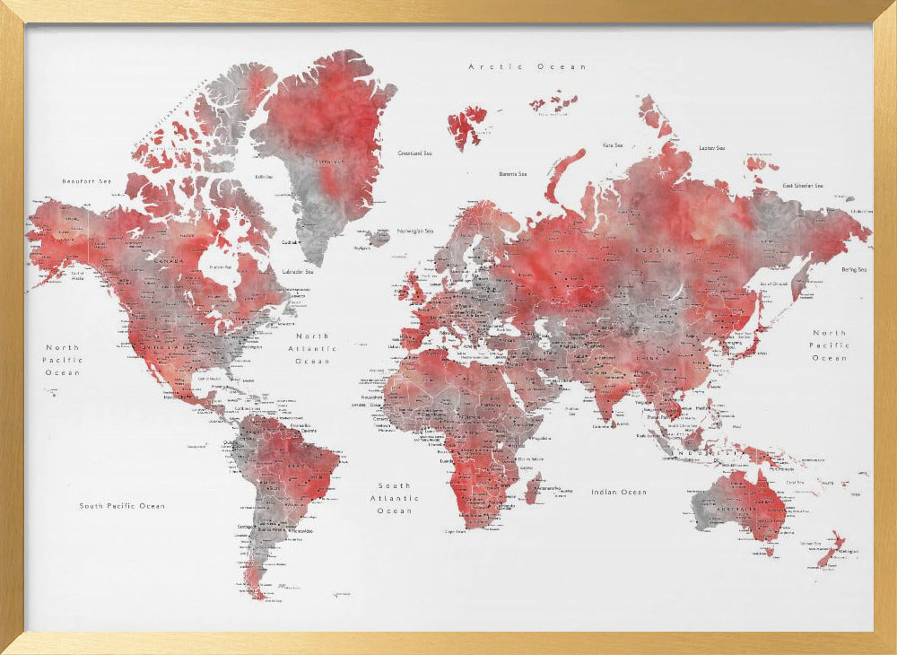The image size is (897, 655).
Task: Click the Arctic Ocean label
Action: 527,66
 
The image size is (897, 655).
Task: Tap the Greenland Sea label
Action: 414,153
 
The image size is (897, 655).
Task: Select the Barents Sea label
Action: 513,174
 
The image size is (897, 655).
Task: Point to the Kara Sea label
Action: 613,144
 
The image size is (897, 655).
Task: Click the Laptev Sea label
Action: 711,148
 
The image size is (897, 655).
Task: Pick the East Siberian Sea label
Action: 802,186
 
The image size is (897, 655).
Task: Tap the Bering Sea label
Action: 852,269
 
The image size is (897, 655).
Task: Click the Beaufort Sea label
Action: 86,181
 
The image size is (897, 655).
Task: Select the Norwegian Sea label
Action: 415,230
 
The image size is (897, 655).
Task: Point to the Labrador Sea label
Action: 297,271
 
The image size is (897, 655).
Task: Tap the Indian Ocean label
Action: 618,492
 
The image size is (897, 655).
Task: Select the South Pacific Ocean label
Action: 122,506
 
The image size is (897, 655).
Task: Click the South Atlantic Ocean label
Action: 395,498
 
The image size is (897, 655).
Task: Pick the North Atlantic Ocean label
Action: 313,348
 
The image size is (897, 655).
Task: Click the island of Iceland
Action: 378,238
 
